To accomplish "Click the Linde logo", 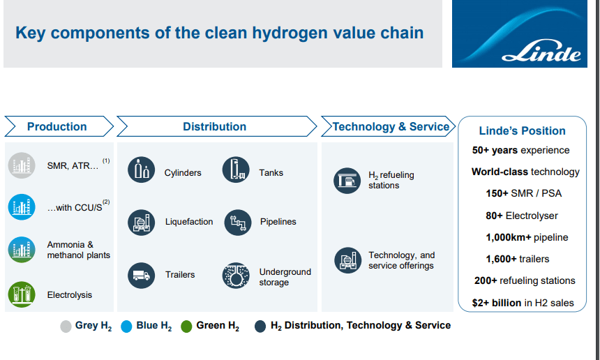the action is [519, 33].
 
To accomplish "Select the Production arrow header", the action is [59, 126].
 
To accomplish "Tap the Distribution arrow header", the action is [216, 126].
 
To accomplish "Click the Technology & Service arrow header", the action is [388, 126].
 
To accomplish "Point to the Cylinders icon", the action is [141, 170].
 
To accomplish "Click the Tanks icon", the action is [236, 170].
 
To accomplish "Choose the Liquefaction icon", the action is [141, 223].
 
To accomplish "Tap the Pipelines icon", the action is [238, 223].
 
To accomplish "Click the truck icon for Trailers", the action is [141, 275].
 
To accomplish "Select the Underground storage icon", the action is [236, 275].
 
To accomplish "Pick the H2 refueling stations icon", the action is [347, 181].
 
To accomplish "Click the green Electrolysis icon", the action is [22, 294].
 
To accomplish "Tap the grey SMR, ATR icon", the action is [22, 165].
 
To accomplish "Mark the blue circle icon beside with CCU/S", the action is [22, 207].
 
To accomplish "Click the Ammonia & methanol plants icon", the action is [22, 250].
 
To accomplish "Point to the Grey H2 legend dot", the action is [66, 327].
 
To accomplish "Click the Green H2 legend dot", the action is [186, 327].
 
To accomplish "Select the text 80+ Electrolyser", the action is [522, 216].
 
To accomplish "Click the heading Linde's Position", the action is [522, 131].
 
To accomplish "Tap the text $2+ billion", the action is [497, 303].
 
